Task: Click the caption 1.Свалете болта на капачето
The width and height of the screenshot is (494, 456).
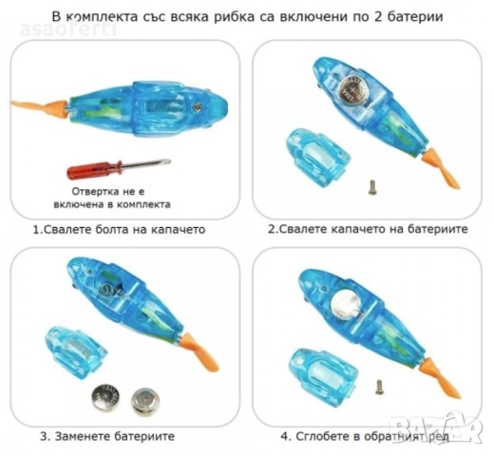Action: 120,230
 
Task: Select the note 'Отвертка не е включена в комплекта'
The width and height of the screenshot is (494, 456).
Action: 111,197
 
